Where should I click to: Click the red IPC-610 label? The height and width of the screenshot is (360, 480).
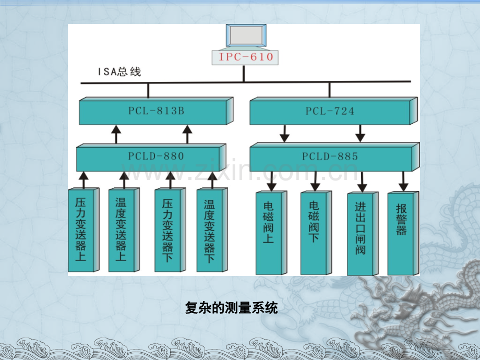point(246,57)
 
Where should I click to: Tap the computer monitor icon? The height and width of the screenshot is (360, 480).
point(246,36)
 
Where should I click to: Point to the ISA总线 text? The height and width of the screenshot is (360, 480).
point(119,71)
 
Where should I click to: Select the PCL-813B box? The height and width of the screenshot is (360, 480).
point(156,111)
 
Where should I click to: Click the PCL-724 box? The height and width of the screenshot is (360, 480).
point(334,111)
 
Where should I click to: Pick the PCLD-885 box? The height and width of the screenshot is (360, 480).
point(334,157)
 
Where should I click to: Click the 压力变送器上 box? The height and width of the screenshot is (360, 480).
point(83,230)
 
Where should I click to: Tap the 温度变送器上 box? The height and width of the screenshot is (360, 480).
point(124,230)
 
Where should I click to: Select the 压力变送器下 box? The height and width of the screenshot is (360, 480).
point(170,230)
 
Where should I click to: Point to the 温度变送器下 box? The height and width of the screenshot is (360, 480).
point(212,230)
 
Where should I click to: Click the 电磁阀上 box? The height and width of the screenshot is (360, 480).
point(271,233)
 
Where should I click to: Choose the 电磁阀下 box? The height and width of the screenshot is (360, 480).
point(316,233)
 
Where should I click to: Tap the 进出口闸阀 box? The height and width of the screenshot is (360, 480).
point(363,234)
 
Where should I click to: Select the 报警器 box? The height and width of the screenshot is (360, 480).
point(403,234)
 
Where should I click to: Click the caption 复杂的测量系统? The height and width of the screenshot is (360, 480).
point(232,308)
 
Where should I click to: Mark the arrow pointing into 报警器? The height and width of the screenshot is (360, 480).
point(403,182)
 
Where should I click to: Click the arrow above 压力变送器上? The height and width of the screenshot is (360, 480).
point(83,179)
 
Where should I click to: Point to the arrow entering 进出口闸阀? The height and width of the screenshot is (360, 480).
point(362,182)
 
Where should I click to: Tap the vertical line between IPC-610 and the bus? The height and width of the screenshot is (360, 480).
point(244,74)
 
